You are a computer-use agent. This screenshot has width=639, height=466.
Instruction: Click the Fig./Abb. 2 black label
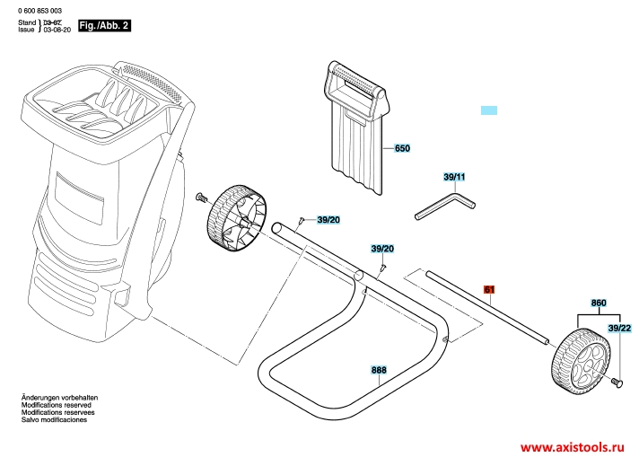click(x=105, y=25)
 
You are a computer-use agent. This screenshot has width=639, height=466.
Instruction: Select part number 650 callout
click(x=402, y=148)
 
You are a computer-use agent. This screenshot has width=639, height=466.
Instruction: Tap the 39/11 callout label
click(x=454, y=177)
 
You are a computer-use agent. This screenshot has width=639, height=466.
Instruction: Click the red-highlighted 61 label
click(x=489, y=289)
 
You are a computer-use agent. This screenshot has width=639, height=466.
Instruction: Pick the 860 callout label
click(x=599, y=303)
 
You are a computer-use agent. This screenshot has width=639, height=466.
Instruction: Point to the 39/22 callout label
click(x=619, y=329)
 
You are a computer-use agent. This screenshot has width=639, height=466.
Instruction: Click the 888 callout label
click(x=379, y=370)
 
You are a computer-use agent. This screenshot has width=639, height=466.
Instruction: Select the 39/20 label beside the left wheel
click(x=328, y=220)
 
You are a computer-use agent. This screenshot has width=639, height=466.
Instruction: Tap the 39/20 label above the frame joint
click(x=382, y=249)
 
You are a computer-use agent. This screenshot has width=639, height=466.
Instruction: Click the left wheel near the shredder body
click(x=237, y=218)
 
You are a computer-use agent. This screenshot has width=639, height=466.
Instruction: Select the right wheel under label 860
click(x=582, y=361)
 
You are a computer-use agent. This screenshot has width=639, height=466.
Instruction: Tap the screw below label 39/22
click(x=617, y=382)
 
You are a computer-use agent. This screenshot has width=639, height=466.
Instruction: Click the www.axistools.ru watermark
click(x=573, y=447)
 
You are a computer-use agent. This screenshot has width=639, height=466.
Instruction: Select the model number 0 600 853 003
click(x=39, y=11)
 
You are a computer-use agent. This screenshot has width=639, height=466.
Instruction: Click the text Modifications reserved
click(x=57, y=405)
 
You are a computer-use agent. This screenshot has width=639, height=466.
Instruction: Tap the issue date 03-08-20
click(x=57, y=30)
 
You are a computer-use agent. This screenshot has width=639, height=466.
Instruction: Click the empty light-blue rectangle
click(x=489, y=110)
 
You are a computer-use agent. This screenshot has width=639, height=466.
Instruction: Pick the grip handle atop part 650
click(x=355, y=84)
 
